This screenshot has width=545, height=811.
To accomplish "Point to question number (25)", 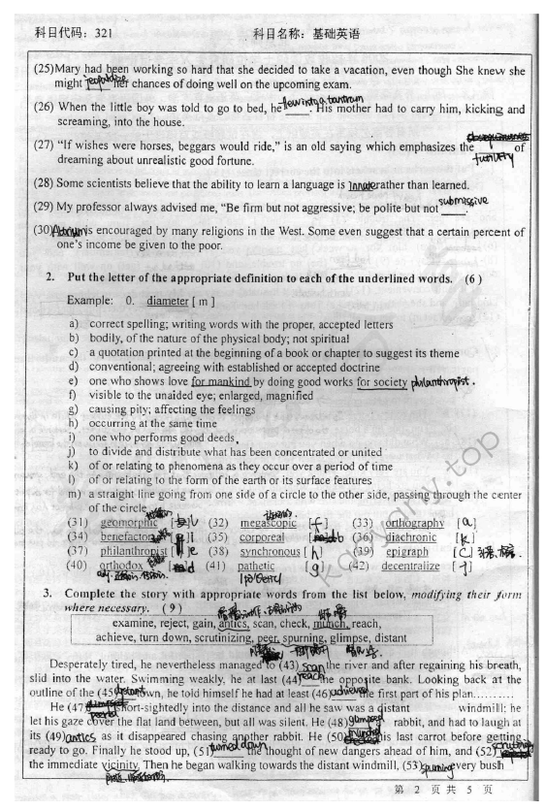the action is [x=44, y=70].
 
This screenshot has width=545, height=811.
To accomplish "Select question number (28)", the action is [x=45, y=184].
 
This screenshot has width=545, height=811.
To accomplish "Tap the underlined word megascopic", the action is [x=269, y=522].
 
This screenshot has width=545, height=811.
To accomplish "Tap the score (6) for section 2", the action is [x=472, y=278].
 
